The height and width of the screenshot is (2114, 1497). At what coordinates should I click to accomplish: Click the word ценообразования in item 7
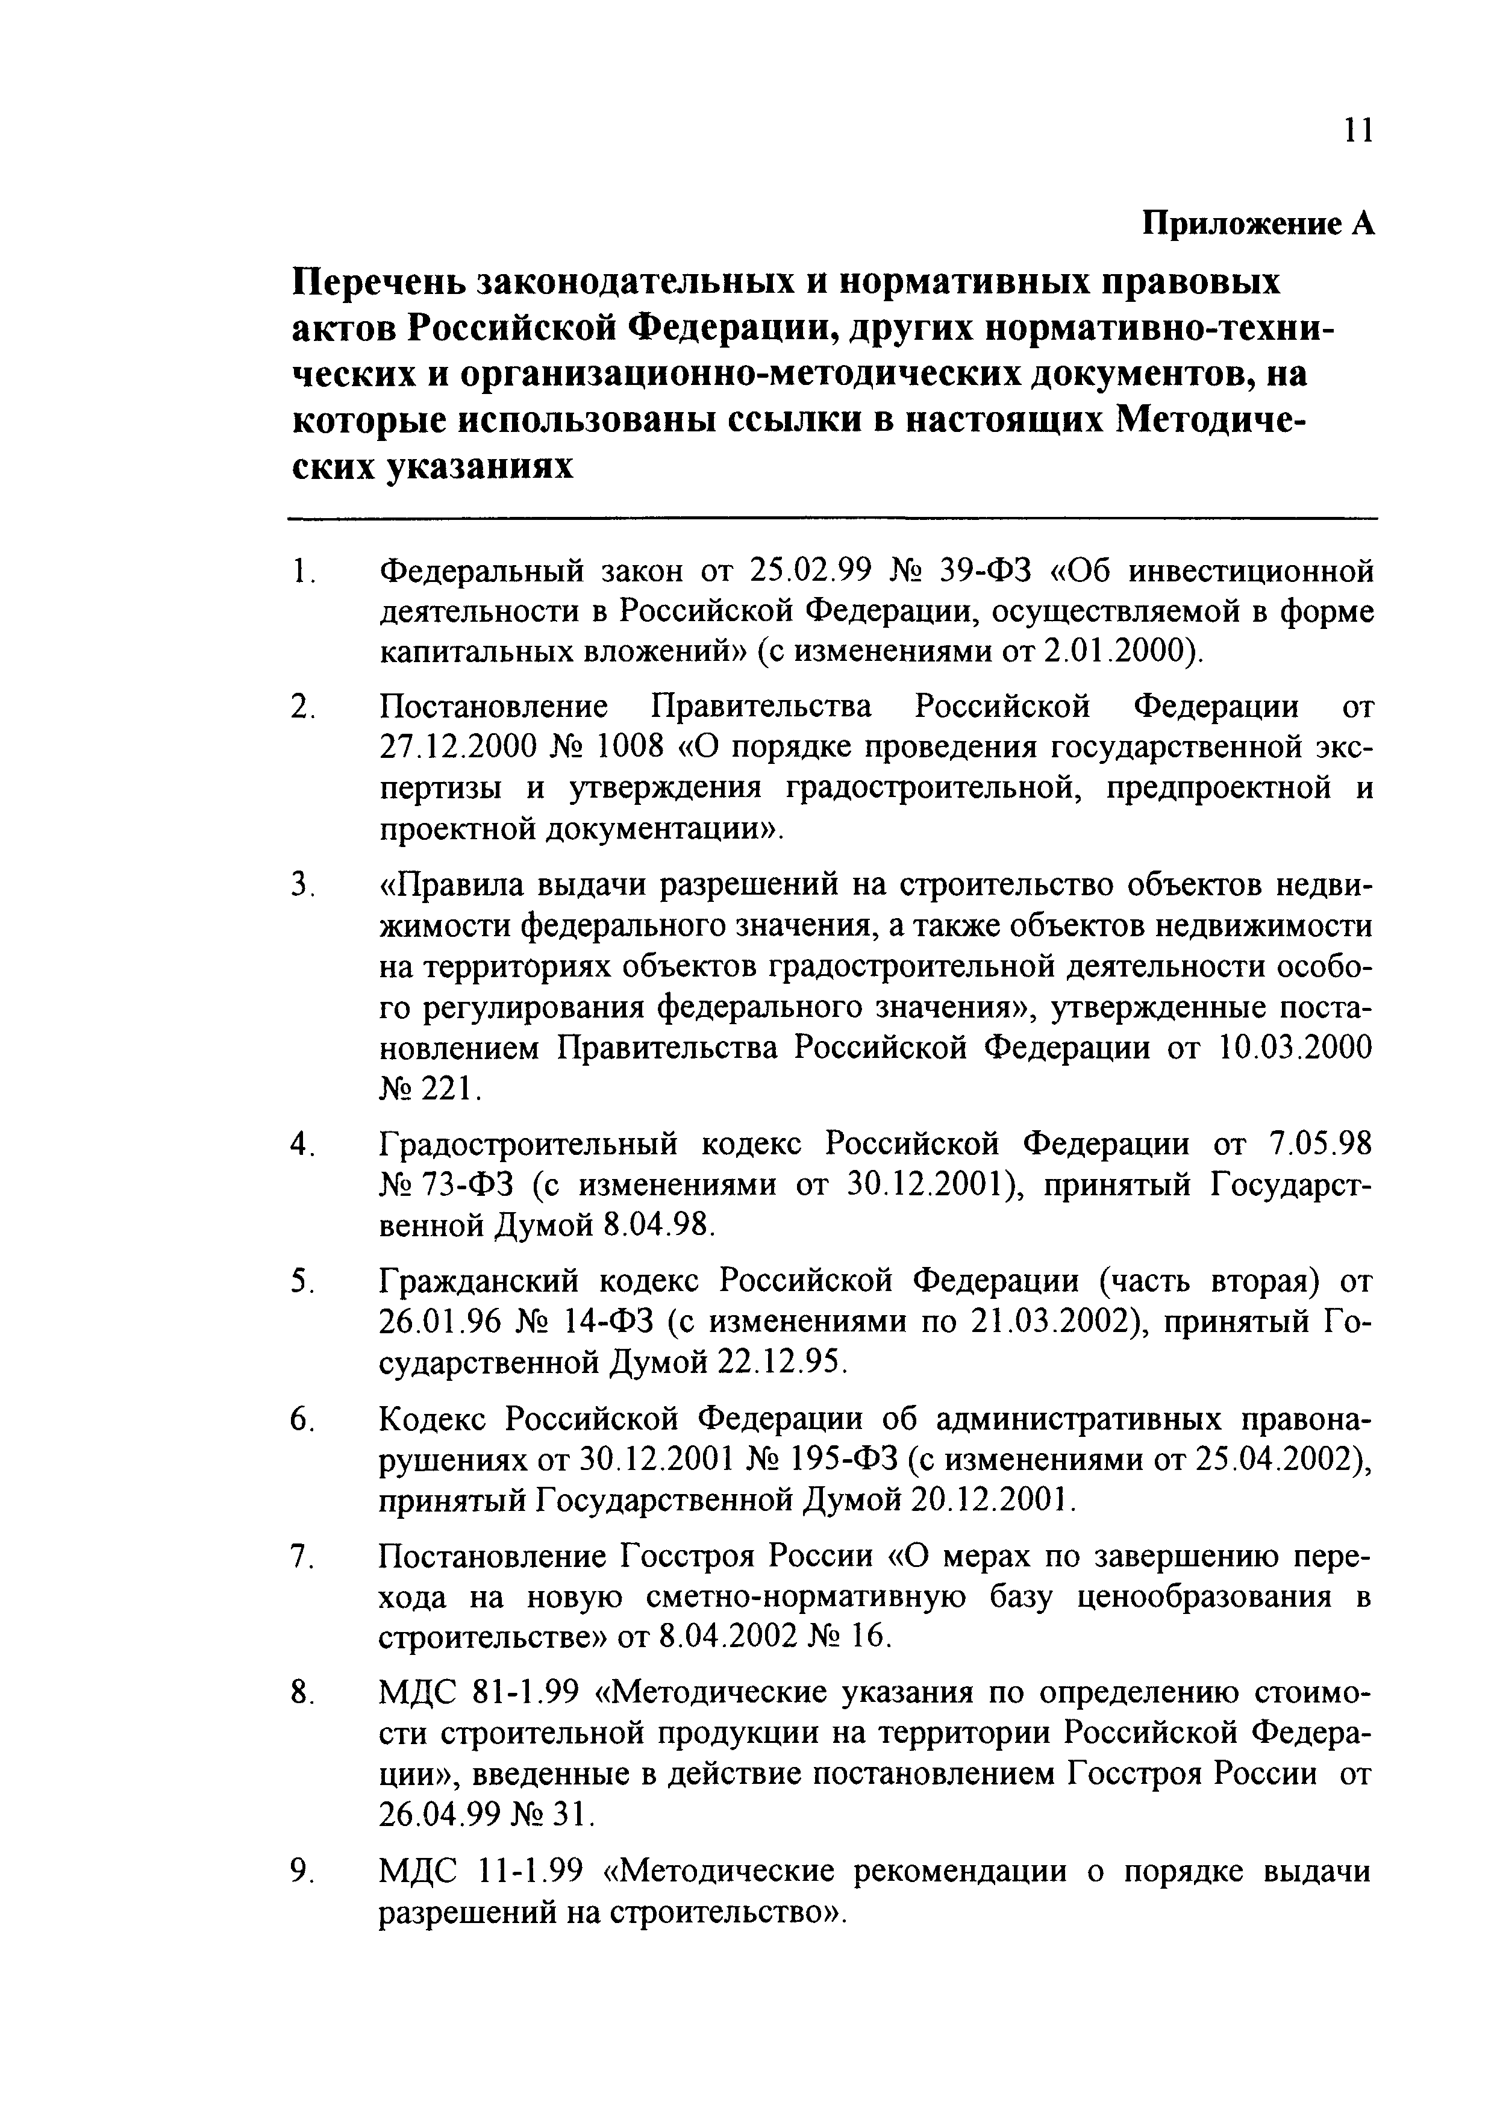(1194, 1596)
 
